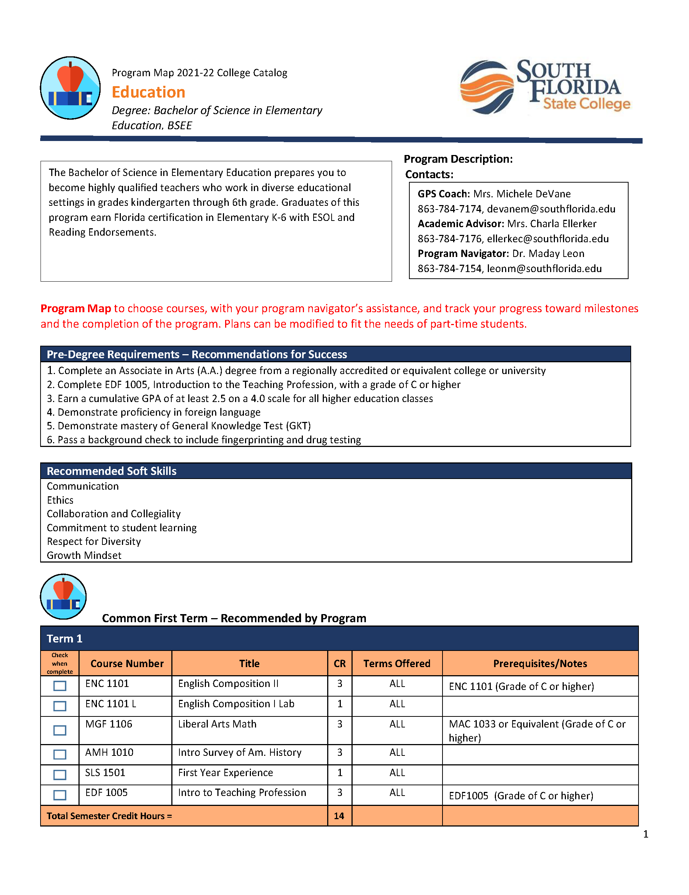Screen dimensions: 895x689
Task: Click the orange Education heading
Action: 148,92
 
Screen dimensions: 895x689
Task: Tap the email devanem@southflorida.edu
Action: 551,209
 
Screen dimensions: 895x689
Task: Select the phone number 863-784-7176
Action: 449,239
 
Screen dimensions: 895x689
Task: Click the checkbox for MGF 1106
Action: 60,730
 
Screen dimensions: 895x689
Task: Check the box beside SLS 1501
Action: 60,775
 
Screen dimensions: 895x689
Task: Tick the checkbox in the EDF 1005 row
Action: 60,795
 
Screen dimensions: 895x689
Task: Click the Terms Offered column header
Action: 396,663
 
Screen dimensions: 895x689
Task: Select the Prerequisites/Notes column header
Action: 540,663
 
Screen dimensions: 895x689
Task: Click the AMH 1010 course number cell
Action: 109,753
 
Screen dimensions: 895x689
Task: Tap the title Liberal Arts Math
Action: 217,724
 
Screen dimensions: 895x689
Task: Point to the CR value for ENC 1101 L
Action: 340,704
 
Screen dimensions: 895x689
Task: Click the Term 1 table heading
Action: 64,638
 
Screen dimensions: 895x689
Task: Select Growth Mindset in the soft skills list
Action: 84,555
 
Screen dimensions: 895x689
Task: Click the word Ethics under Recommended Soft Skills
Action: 60,500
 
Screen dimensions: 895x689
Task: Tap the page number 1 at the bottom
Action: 646,834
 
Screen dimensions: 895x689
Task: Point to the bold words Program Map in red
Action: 76,309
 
